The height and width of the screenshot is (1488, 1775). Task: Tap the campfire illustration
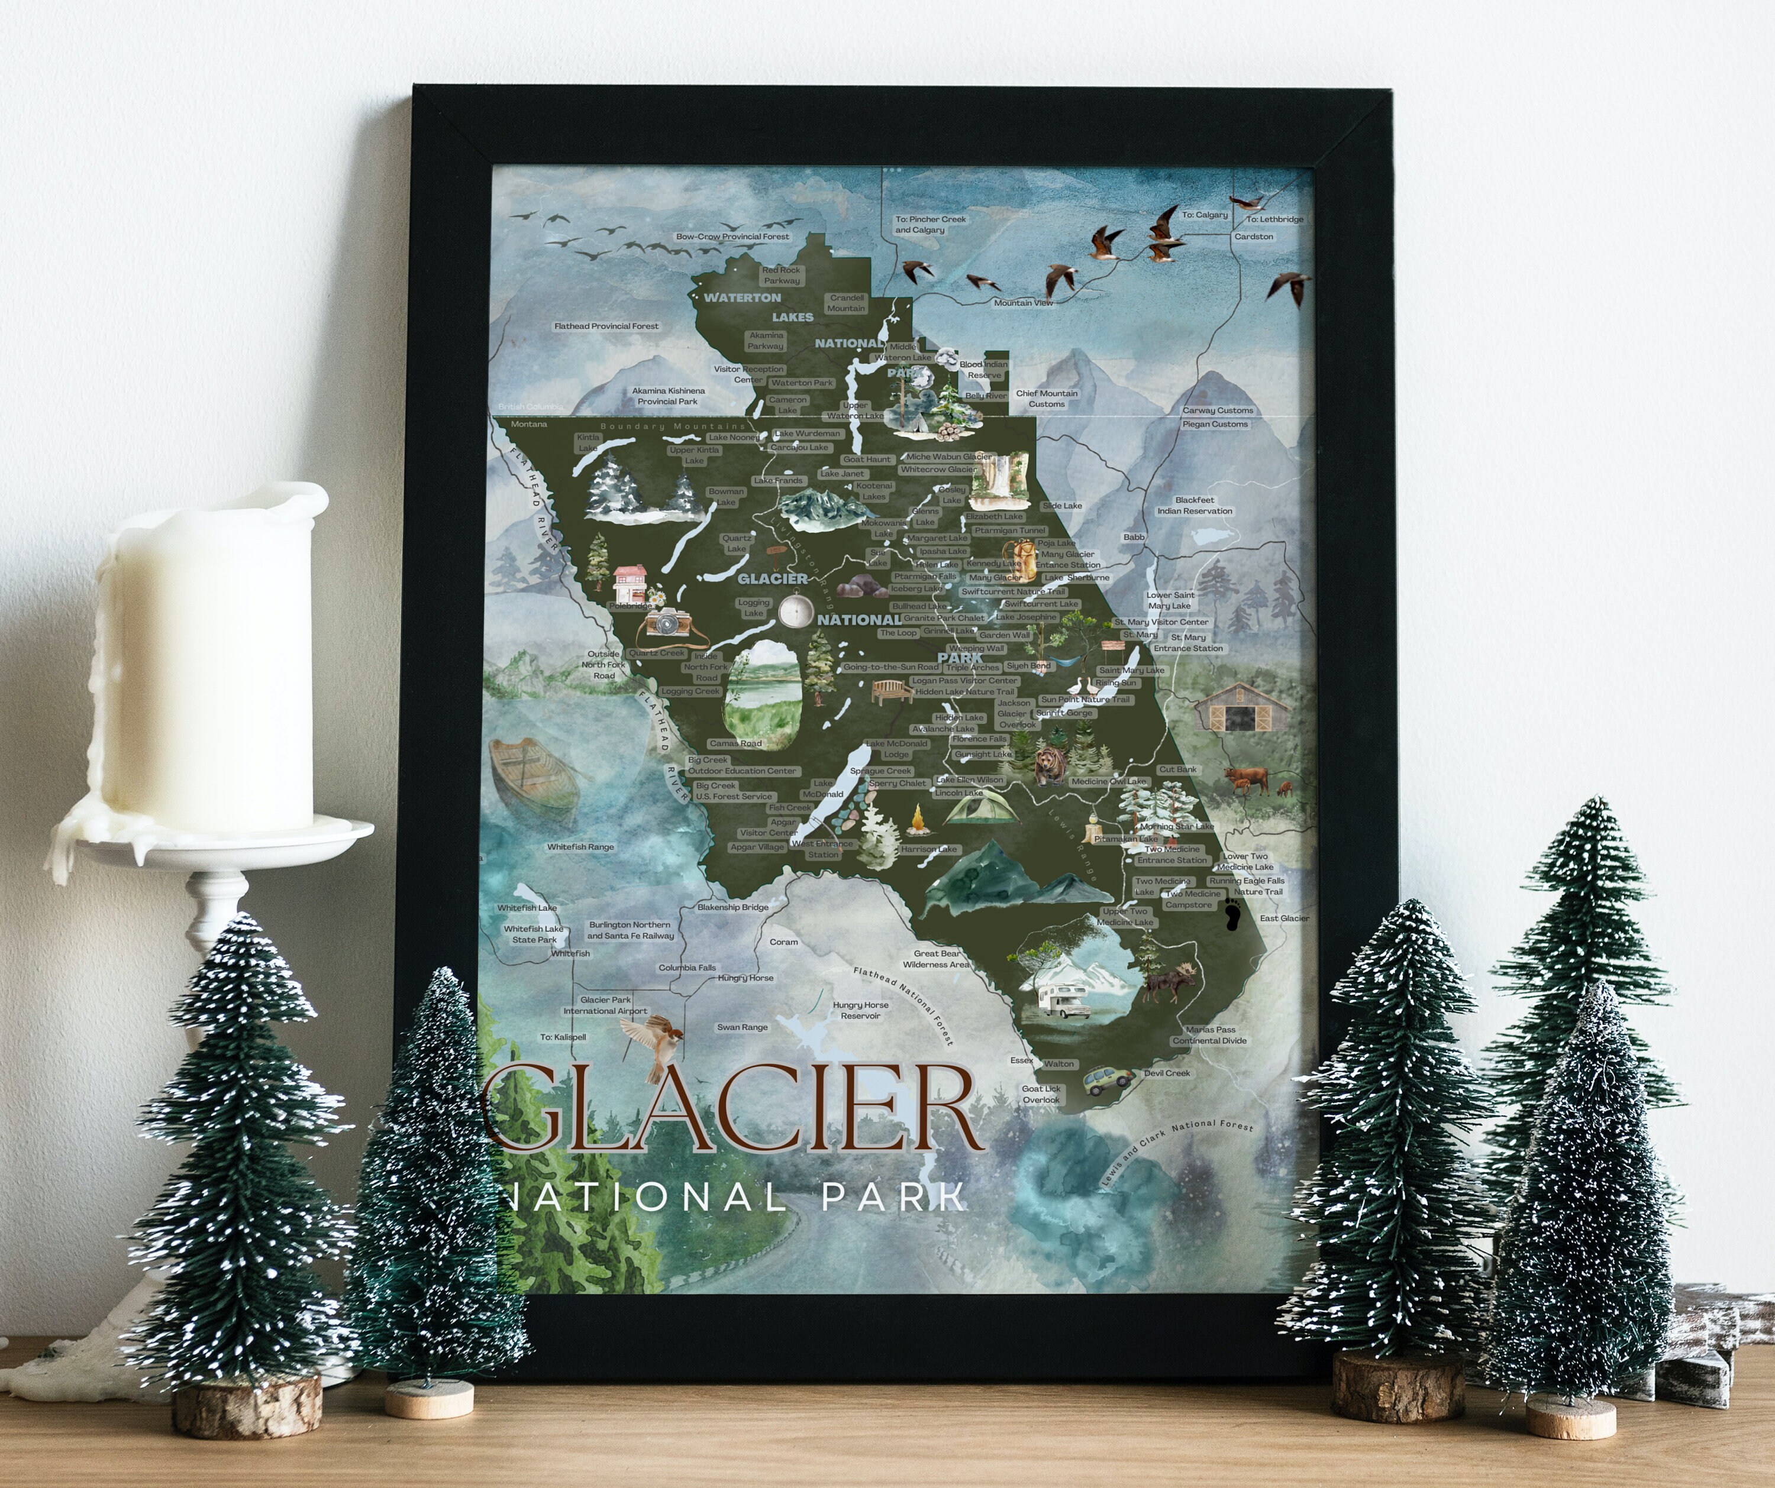point(918,817)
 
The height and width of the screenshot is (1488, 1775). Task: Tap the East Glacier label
point(1284,918)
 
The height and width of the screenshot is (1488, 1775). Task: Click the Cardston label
point(1254,237)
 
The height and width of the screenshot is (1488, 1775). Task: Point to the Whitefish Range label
point(580,847)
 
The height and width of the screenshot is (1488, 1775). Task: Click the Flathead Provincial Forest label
point(606,326)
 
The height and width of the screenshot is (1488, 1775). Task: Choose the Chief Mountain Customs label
point(1047,398)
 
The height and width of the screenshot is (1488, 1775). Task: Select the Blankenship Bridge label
point(733,907)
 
